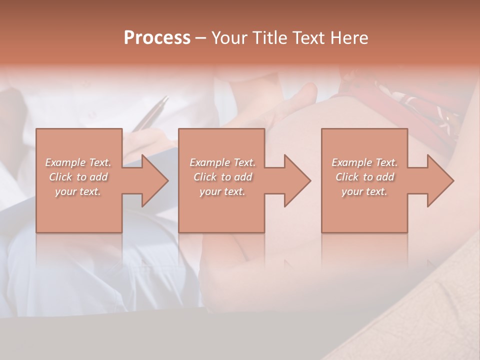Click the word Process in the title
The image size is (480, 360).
157,38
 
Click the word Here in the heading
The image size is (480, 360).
349,38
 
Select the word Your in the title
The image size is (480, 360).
228,38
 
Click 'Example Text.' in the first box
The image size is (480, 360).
78,162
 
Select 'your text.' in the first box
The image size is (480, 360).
78,191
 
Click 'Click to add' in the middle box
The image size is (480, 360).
222,177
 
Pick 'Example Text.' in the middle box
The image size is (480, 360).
222,162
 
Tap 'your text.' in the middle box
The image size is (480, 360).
222,191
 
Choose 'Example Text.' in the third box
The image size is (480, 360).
364,162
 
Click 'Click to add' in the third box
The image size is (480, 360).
364,177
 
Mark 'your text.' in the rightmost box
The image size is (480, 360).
364,191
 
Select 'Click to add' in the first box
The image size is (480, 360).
78,177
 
